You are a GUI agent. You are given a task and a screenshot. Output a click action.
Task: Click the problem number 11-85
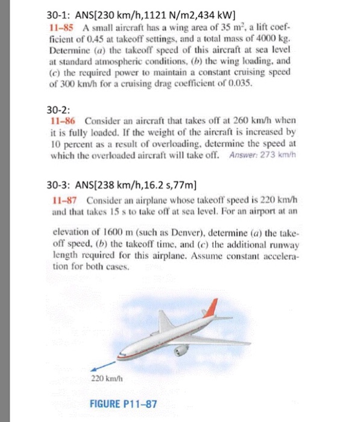click(x=60, y=28)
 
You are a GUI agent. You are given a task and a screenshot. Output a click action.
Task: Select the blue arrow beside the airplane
click(x=102, y=364)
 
